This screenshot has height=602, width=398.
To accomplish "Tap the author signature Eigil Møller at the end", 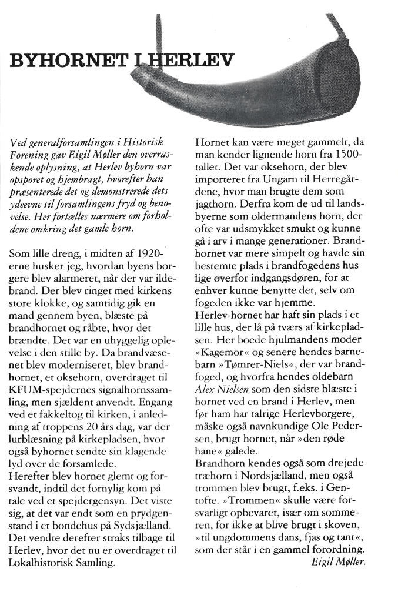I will click(x=338, y=561).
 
